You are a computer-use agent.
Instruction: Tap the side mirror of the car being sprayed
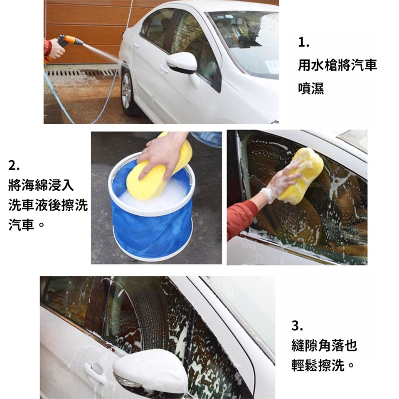click(x=182, y=63)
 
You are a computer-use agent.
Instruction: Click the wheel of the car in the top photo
click(x=128, y=92)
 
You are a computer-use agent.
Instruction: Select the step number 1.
click(x=303, y=42)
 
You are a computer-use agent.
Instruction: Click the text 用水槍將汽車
click(x=337, y=65)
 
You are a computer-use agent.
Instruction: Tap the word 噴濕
click(x=311, y=88)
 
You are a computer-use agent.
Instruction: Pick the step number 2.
click(x=14, y=166)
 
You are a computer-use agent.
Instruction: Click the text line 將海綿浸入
click(x=41, y=185)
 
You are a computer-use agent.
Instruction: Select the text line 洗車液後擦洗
click(x=48, y=205)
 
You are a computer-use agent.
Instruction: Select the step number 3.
click(x=297, y=326)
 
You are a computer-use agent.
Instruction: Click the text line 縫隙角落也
click(x=324, y=345)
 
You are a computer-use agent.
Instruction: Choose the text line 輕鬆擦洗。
click(x=323, y=365)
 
